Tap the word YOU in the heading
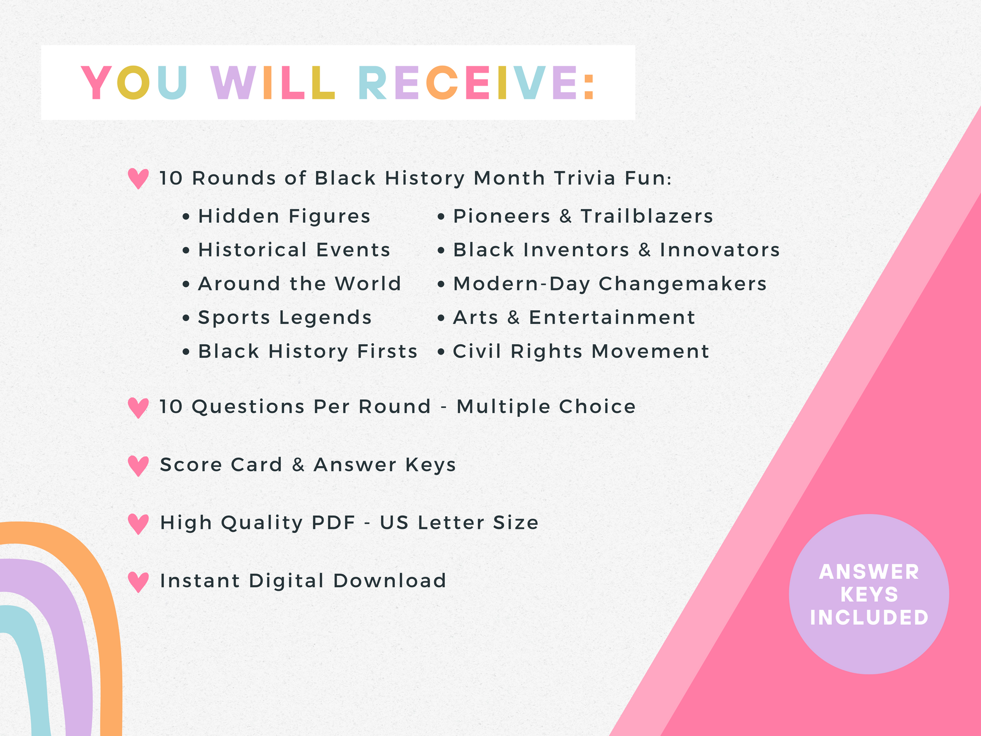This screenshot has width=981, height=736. click(135, 83)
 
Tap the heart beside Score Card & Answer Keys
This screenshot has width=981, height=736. click(138, 466)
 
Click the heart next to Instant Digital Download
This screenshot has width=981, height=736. click(138, 582)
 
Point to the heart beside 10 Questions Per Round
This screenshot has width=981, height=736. click(138, 408)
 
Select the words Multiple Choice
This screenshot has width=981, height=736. click(546, 407)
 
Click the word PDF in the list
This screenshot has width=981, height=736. click(334, 523)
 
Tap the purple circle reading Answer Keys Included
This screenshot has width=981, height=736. click(869, 594)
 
